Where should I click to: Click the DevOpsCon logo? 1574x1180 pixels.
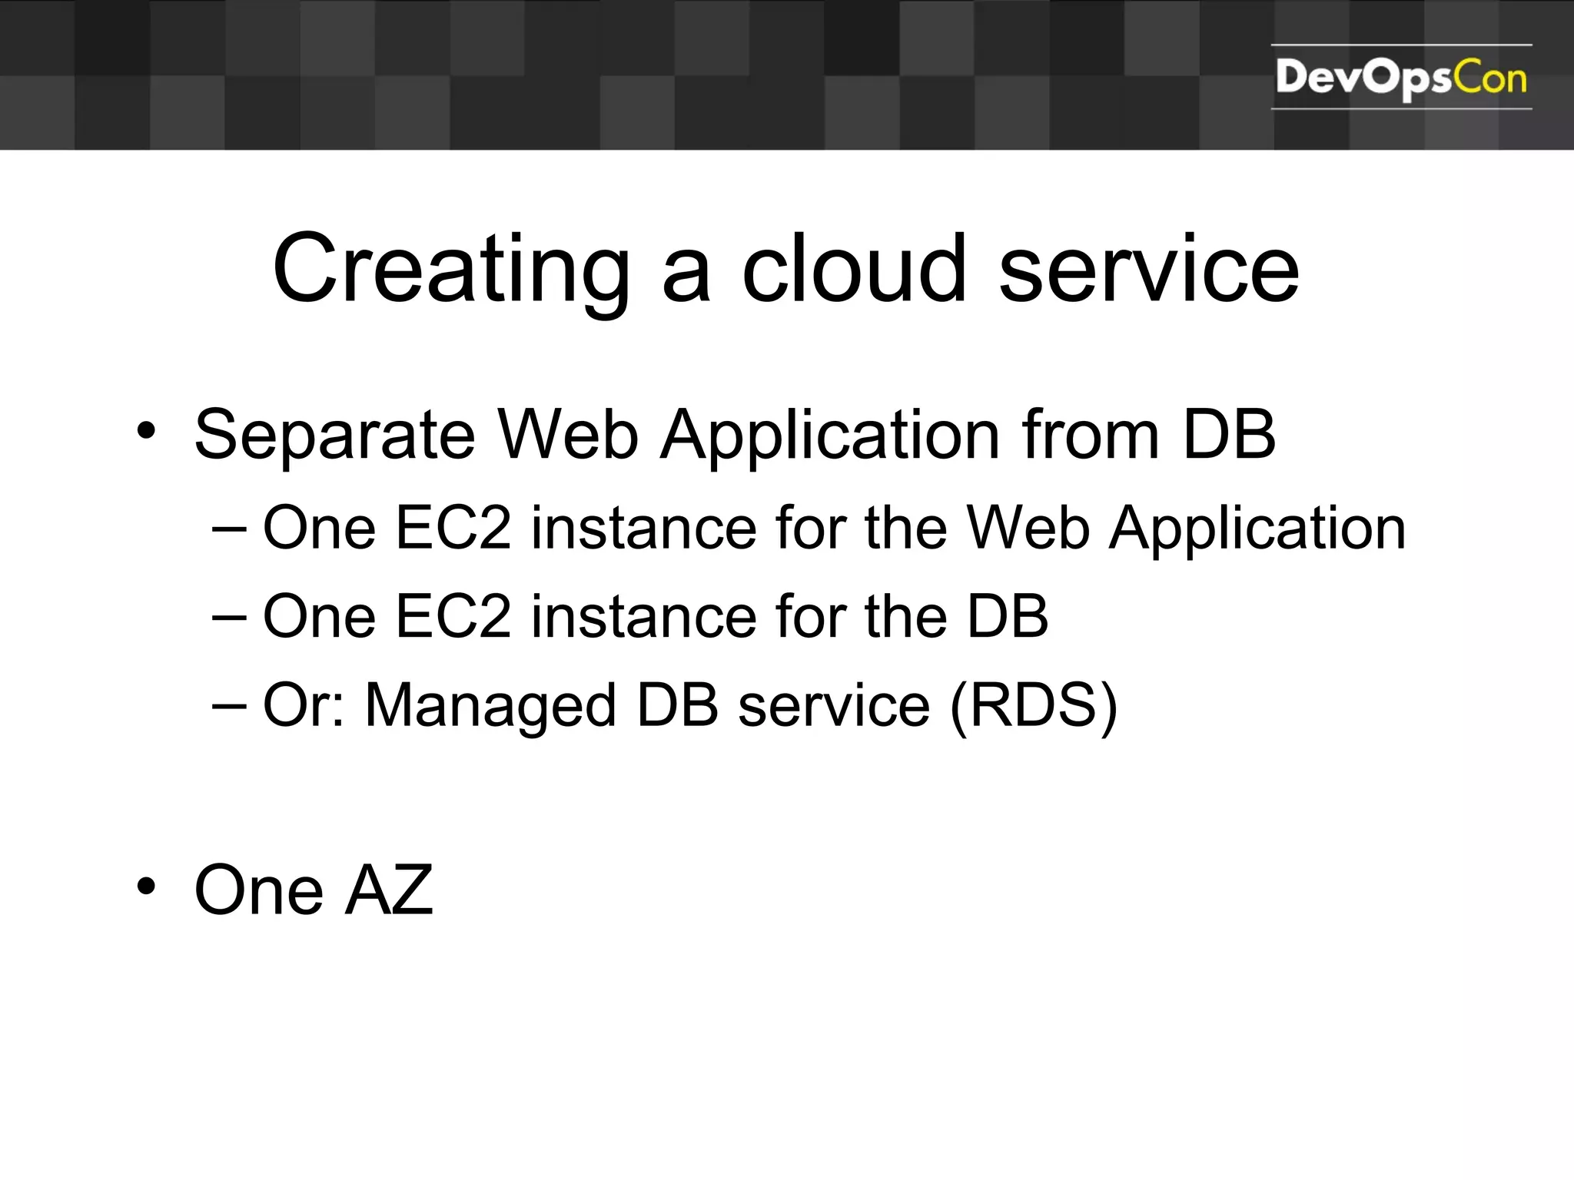click(1400, 78)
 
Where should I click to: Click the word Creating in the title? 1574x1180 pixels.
click(451, 270)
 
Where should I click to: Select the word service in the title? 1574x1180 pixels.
click(1148, 270)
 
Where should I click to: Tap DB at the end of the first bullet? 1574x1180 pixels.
click(1229, 435)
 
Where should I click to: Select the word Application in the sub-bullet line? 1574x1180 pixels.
click(1257, 530)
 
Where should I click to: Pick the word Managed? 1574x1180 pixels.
click(490, 707)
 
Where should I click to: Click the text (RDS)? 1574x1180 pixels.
click(1034, 705)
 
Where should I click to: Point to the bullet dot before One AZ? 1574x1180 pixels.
click(146, 887)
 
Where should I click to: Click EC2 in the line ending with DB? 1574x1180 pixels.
click(453, 617)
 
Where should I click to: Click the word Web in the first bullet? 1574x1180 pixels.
click(568, 435)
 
